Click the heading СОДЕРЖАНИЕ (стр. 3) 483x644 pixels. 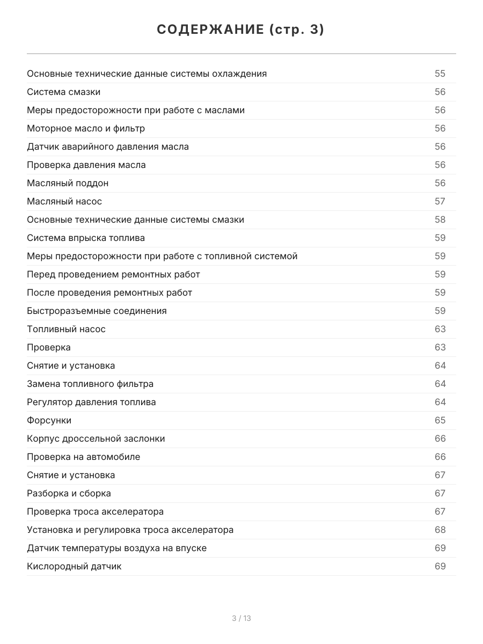(x=241, y=30)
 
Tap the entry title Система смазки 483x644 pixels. (x=63, y=92)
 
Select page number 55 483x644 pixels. (x=440, y=74)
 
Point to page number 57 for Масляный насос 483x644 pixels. (x=440, y=201)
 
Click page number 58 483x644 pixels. (x=440, y=219)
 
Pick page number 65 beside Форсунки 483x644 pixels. (x=440, y=420)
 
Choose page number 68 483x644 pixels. (x=440, y=530)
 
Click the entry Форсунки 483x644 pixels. (x=49, y=420)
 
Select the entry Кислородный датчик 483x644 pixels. (x=74, y=566)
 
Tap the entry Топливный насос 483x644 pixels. (x=66, y=329)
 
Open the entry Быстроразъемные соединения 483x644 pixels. (x=97, y=311)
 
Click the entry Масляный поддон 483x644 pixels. (x=68, y=183)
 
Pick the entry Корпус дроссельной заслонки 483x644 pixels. (x=96, y=438)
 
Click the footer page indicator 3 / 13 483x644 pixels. (x=241, y=618)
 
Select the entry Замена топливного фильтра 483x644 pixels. (x=90, y=384)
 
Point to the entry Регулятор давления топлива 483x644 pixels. (x=91, y=402)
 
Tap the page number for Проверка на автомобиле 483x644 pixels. (x=440, y=457)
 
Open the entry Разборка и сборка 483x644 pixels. (x=69, y=493)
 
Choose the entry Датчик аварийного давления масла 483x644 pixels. (x=108, y=147)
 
